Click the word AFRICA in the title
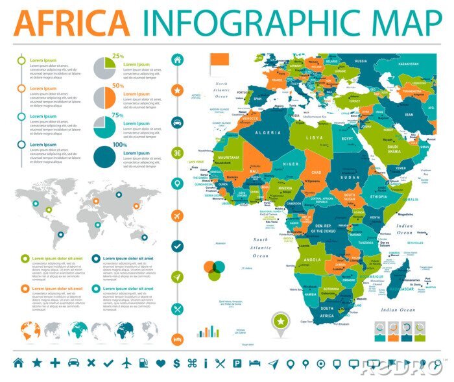click(x=71, y=23)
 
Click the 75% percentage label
click(x=118, y=115)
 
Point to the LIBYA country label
click(x=315, y=138)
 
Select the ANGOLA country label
click(x=312, y=260)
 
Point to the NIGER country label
click(x=291, y=164)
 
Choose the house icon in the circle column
click(x=176, y=59)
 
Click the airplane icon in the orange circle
click(x=176, y=215)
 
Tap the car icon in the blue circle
click(x=176, y=121)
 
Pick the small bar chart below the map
click(x=208, y=331)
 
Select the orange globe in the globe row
click(x=32, y=331)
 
